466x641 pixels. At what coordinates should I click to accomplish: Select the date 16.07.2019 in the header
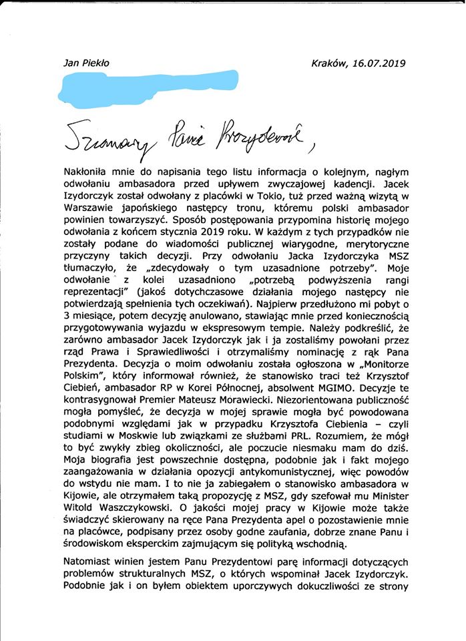[379, 63]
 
